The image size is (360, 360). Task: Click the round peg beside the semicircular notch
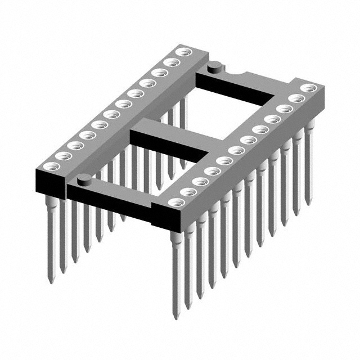tap(214, 68)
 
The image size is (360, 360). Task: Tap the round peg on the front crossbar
tap(84, 180)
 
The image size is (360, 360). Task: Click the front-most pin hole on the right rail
tap(175, 201)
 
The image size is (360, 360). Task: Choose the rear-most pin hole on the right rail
tap(308, 88)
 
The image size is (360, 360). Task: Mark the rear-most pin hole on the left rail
tap(182, 52)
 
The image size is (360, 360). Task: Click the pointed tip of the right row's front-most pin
tap(176, 316)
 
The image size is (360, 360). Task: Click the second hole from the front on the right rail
tap(188, 192)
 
